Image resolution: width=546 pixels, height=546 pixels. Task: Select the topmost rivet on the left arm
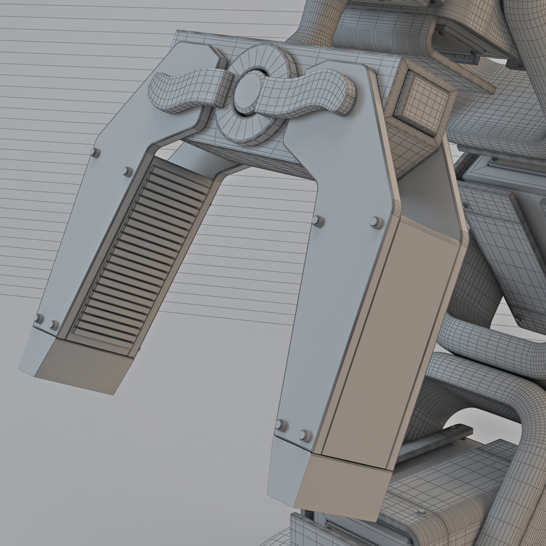95,152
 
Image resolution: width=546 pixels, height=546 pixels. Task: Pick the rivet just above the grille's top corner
128,171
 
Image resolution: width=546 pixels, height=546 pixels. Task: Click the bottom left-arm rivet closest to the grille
54,324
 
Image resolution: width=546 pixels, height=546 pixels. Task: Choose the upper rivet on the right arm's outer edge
377,222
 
